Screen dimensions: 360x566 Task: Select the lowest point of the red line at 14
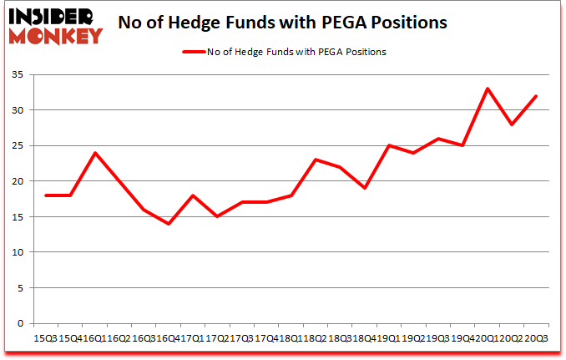[169, 224]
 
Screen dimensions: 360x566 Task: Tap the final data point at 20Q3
[536, 96]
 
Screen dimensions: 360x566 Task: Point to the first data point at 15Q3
[47, 195]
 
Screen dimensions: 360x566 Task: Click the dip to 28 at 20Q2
[512, 124]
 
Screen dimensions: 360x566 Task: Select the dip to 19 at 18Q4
[365, 188]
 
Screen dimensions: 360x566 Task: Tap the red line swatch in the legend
[194, 52]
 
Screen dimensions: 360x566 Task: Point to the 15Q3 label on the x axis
[46, 337]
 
